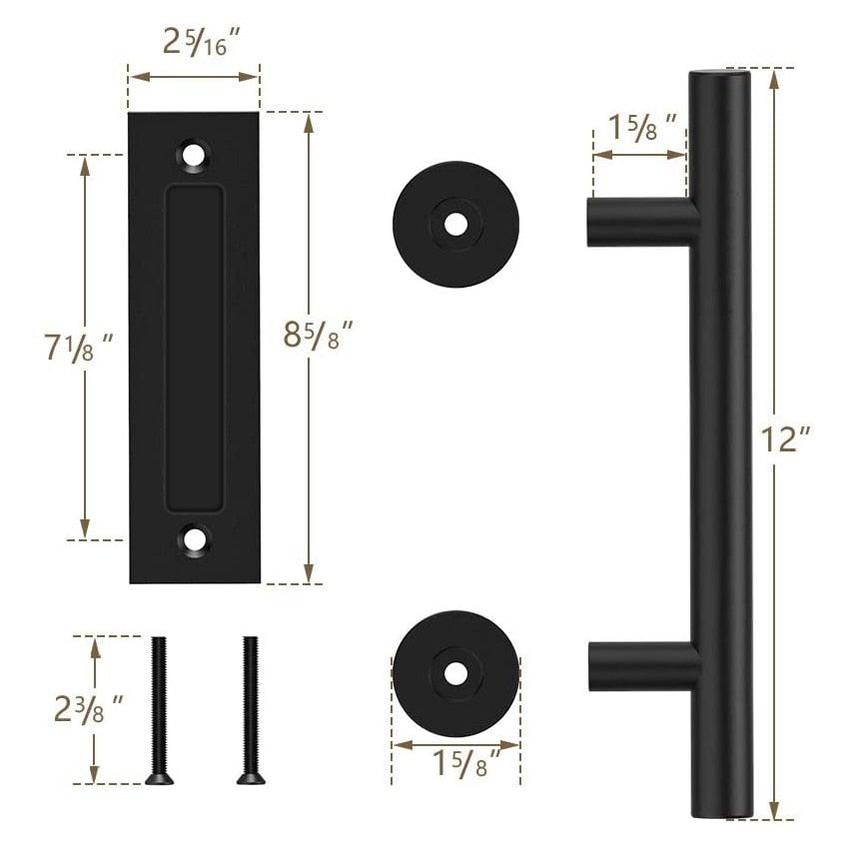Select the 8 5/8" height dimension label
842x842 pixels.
[x=318, y=335]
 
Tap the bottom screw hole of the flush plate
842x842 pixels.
[x=194, y=540]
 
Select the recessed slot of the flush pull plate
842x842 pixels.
[x=194, y=347]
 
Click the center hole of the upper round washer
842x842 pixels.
[x=455, y=225]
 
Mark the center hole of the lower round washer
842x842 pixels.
[x=455, y=672]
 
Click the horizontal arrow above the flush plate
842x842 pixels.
[x=194, y=76]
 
